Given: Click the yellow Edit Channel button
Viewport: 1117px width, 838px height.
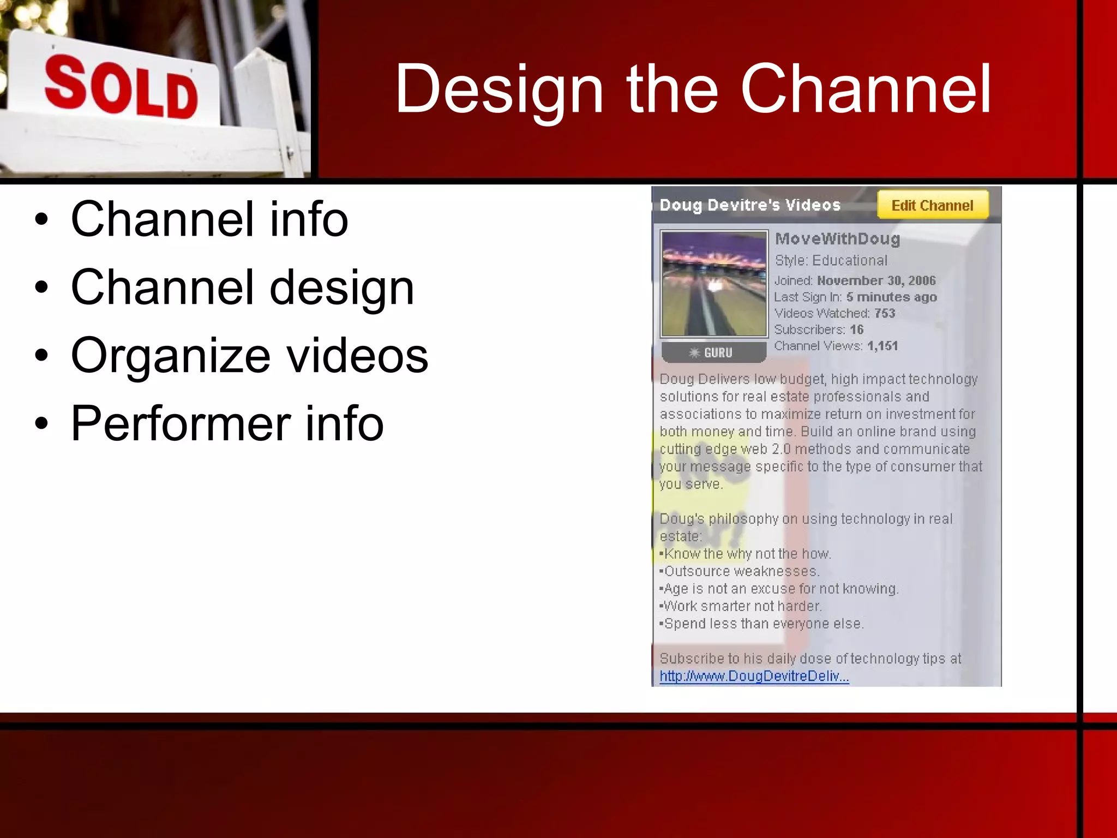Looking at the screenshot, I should pos(932,205).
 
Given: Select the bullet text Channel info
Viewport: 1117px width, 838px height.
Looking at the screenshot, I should pos(209,219).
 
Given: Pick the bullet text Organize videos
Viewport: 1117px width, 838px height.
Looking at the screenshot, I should pos(249,356).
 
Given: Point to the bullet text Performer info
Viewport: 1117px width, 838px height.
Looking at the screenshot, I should pos(227,423).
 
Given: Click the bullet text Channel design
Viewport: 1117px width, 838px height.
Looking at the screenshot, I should pos(242,288).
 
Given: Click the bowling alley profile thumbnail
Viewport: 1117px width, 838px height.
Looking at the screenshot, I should pos(714,284).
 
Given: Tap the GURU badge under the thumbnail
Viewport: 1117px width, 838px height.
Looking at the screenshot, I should pos(713,352).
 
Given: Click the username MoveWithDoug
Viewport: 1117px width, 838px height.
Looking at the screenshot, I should pos(837,239).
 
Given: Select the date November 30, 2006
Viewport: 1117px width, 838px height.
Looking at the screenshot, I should pos(876,280).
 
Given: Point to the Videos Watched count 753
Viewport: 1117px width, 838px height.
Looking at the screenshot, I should pos(885,313).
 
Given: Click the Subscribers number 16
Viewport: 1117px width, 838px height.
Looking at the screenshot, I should pos(856,330).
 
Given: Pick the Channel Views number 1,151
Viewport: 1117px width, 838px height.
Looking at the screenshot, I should pos(882,346).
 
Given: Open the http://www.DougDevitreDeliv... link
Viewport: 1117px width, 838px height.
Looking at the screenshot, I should pos(754,677).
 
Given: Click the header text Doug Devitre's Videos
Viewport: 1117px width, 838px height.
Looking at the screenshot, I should pos(750,205).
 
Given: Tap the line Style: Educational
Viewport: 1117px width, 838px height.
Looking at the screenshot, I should pos(831,260).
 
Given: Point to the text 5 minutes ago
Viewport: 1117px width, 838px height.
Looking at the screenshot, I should pos(891,297).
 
